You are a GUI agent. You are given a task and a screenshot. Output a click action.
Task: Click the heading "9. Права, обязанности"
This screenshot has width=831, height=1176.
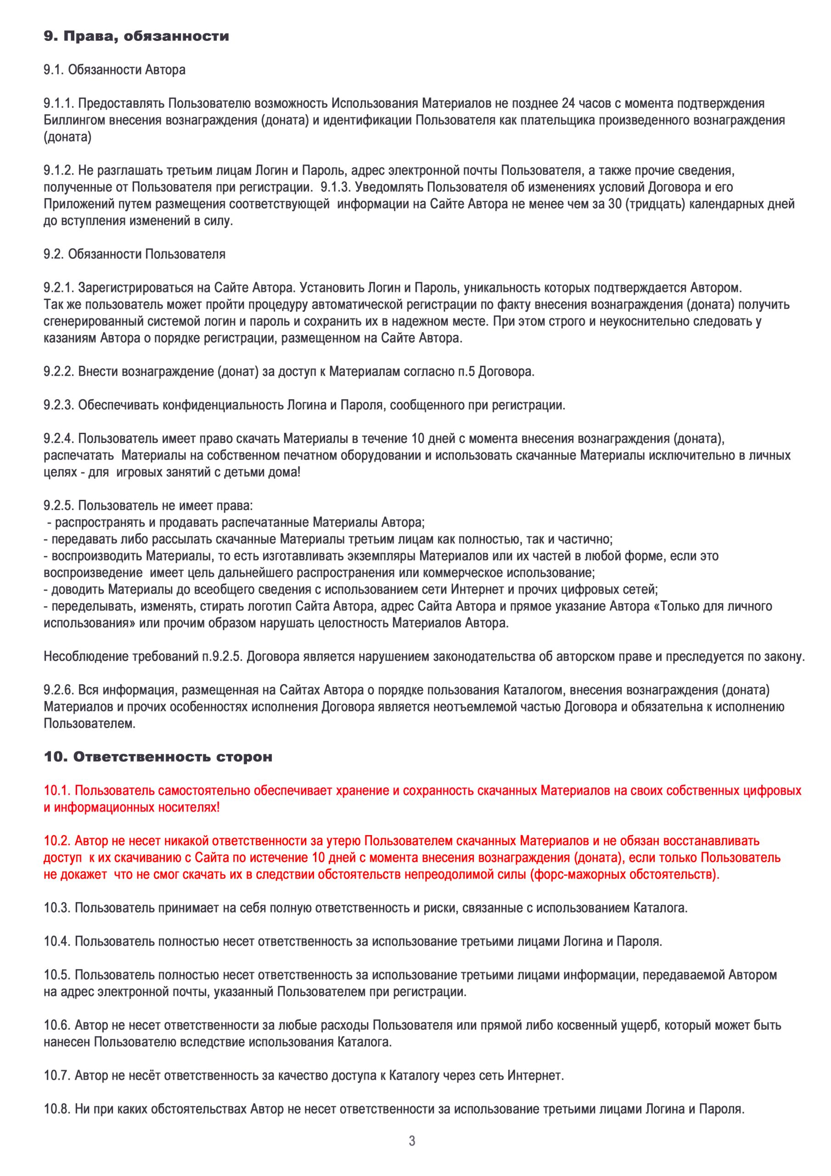(136, 37)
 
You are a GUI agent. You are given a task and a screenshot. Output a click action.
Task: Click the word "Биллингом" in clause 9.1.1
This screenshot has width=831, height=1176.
(70, 120)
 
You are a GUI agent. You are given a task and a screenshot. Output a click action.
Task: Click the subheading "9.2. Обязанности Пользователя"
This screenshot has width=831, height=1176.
(135, 254)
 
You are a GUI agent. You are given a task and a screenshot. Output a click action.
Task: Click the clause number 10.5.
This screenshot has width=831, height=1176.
(57, 975)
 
